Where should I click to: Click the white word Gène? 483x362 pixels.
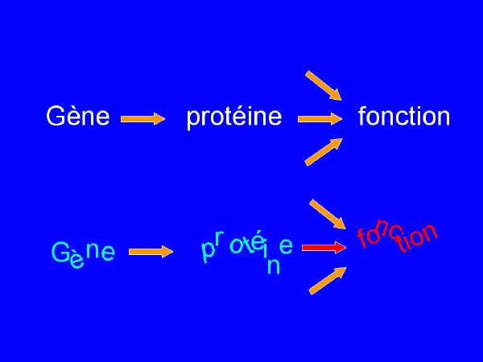[78, 115]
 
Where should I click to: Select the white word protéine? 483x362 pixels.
[234, 117]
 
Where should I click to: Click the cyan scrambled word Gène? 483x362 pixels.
[83, 254]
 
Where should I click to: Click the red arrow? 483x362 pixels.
[324, 248]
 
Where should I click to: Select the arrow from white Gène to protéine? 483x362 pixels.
[143, 119]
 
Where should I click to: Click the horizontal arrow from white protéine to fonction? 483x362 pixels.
[320, 119]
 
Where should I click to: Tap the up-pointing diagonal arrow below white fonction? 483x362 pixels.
[324, 152]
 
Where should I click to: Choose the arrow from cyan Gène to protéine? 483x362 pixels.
[151, 252]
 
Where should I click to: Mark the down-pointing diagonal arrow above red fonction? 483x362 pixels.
[328, 214]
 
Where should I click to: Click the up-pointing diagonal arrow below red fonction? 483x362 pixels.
[328, 281]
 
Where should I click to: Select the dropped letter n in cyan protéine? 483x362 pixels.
[274, 266]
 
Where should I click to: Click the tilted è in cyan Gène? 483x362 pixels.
[76, 261]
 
